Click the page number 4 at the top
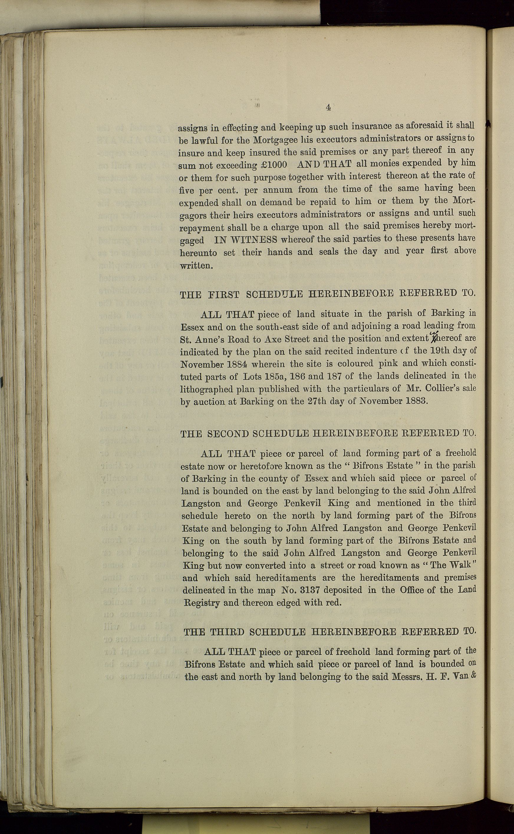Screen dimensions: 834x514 328,107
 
